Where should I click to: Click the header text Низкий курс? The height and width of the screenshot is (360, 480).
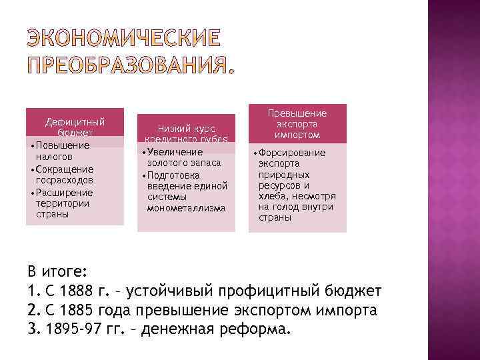[x=186, y=128]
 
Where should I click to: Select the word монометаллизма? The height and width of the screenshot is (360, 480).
[x=187, y=208]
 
